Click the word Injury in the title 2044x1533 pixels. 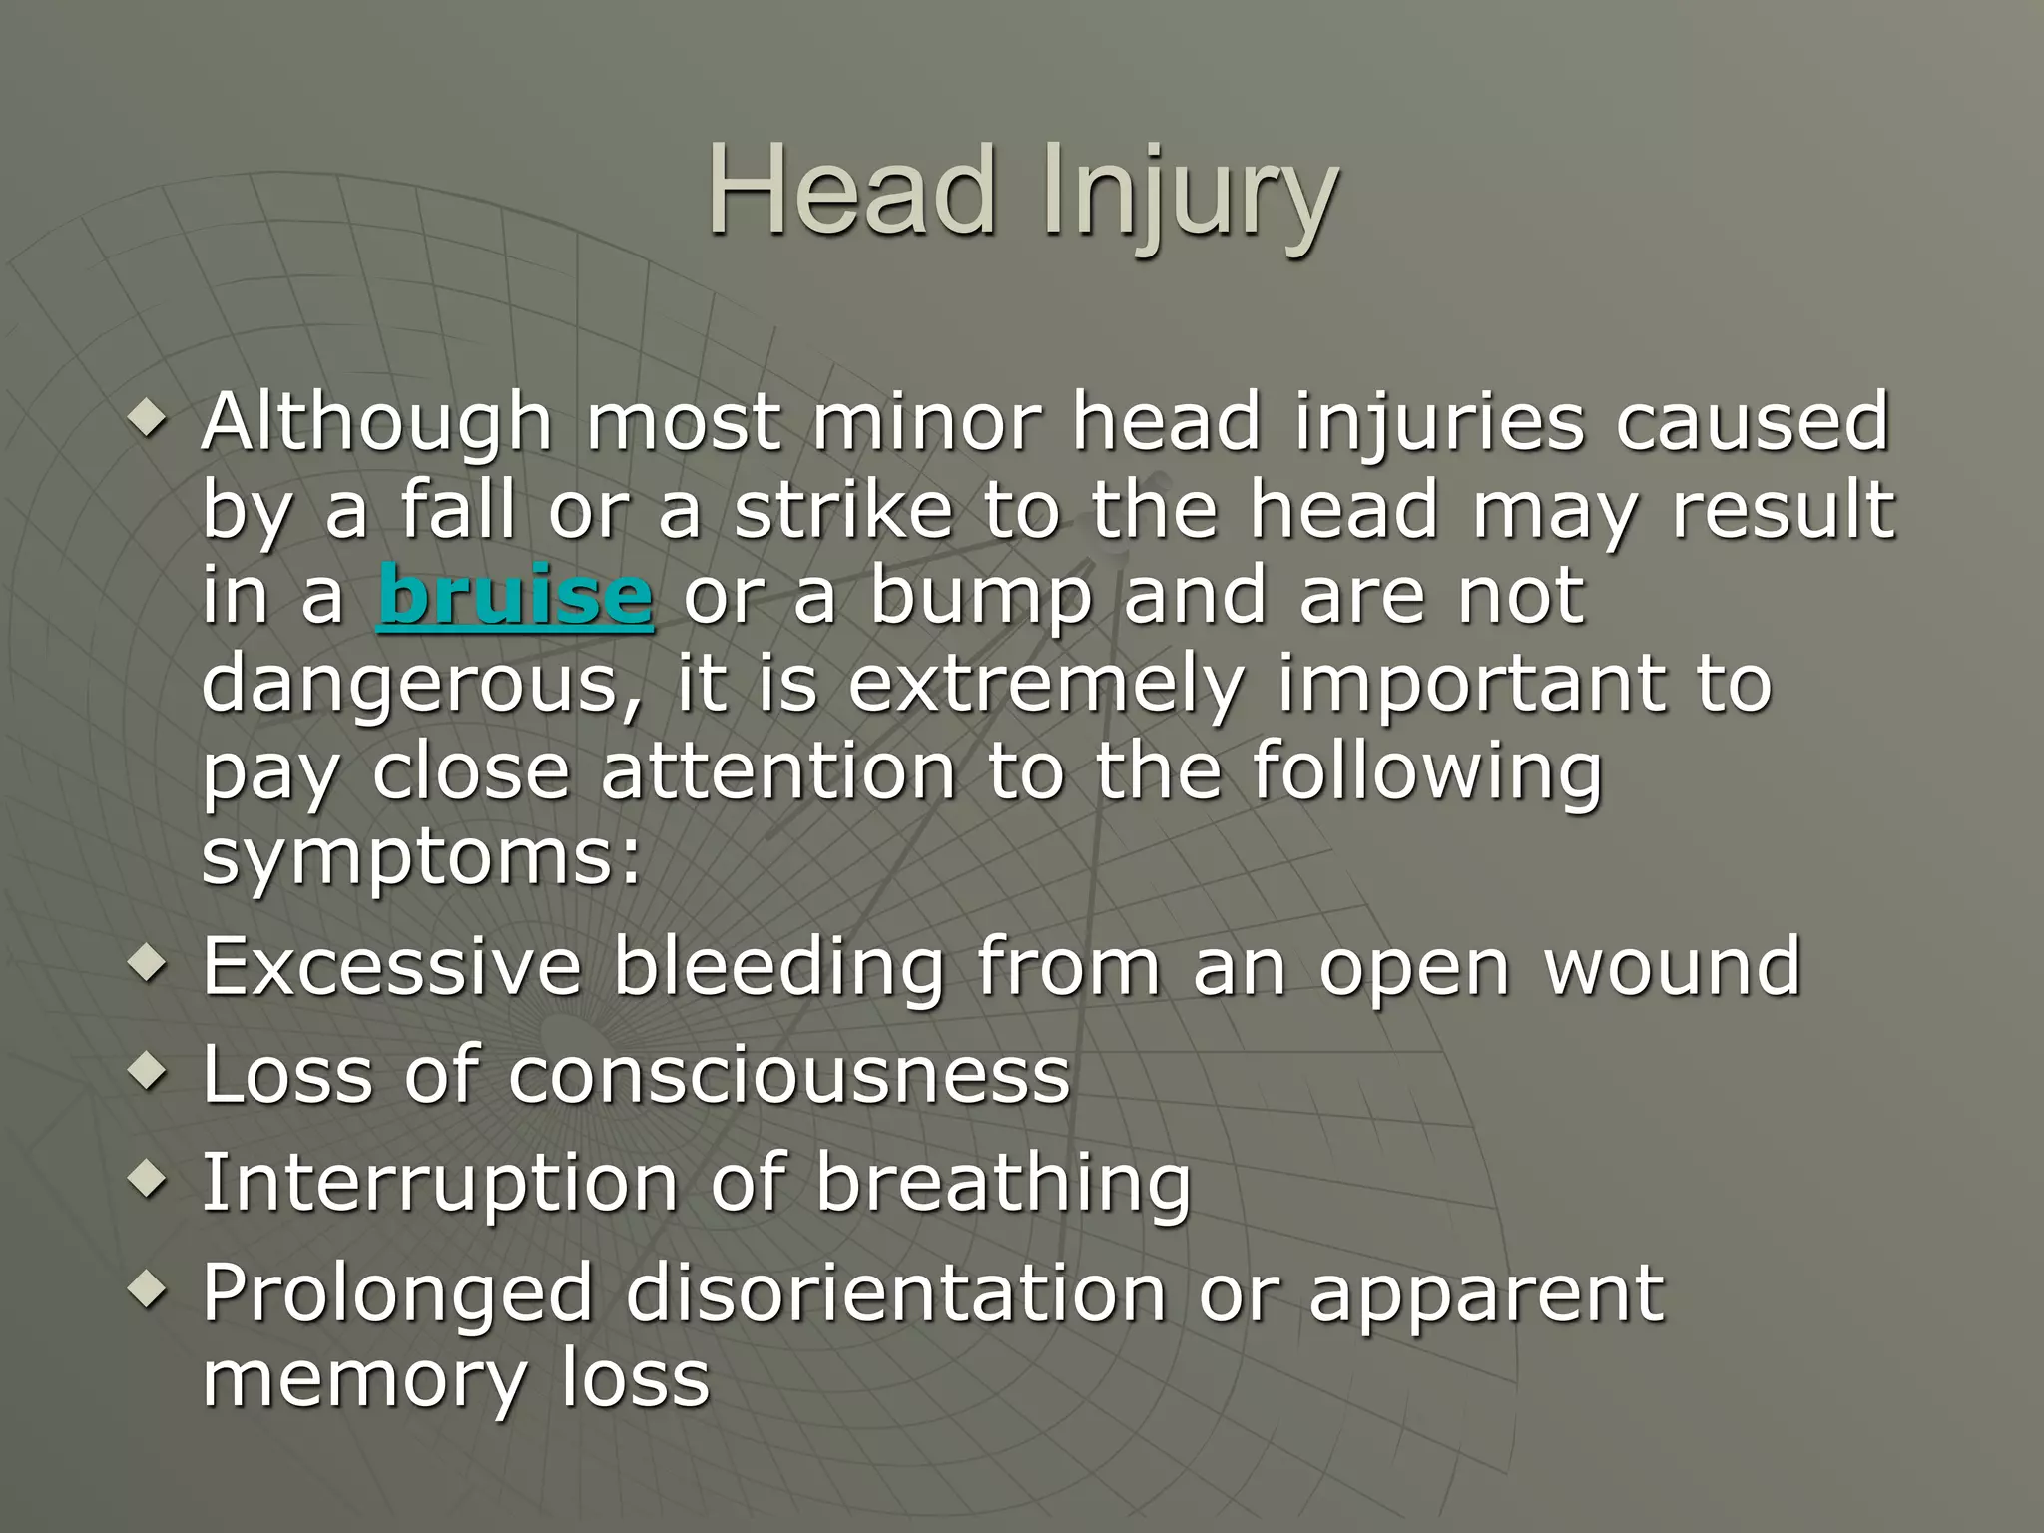click(x=1188, y=197)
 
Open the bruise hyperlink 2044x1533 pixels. click(x=515, y=597)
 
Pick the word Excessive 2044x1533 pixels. click(x=391, y=967)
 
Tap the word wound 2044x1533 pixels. click(x=1673, y=967)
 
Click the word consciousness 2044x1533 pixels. click(x=788, y=1076)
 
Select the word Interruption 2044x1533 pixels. click(x=440, y=1185)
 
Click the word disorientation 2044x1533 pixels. click(x=895, y=1294)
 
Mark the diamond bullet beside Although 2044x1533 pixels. click(x=148, y=419)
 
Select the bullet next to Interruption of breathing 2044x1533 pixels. click(x=148, y=1181)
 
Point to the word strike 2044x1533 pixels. click(x=843, y=510)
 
